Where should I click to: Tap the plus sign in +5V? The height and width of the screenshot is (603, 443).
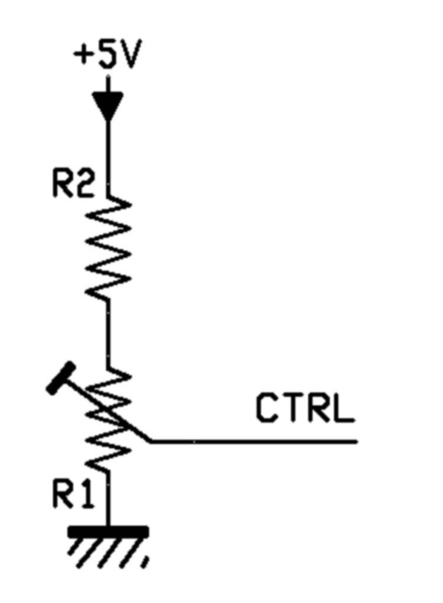point(83,54)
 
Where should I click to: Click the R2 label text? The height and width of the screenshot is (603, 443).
point(73,184)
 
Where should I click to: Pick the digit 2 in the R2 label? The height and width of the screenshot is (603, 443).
point(84,184)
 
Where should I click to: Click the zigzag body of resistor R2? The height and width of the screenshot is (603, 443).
point(108,248)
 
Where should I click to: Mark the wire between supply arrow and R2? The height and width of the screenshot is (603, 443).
point(108,158)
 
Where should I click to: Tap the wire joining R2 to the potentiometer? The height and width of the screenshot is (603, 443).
point(108,334)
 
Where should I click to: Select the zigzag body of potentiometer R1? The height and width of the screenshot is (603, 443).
point(108,419)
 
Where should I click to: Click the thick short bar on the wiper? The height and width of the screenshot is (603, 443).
point(61,378)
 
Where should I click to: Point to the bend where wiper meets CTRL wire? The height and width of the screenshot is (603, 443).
point(151,441)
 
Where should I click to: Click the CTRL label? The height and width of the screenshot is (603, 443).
point(305,408)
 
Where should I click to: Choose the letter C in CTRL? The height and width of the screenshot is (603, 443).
point(267,408)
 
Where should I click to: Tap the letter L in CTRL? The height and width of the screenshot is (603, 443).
point(343,408)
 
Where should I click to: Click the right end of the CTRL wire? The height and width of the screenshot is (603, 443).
point(357,442)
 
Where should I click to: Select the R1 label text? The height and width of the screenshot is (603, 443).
point(73,494)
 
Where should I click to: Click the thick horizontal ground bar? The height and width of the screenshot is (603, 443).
point(108,532)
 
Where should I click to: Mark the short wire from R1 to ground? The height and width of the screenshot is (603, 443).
point(109,499)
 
